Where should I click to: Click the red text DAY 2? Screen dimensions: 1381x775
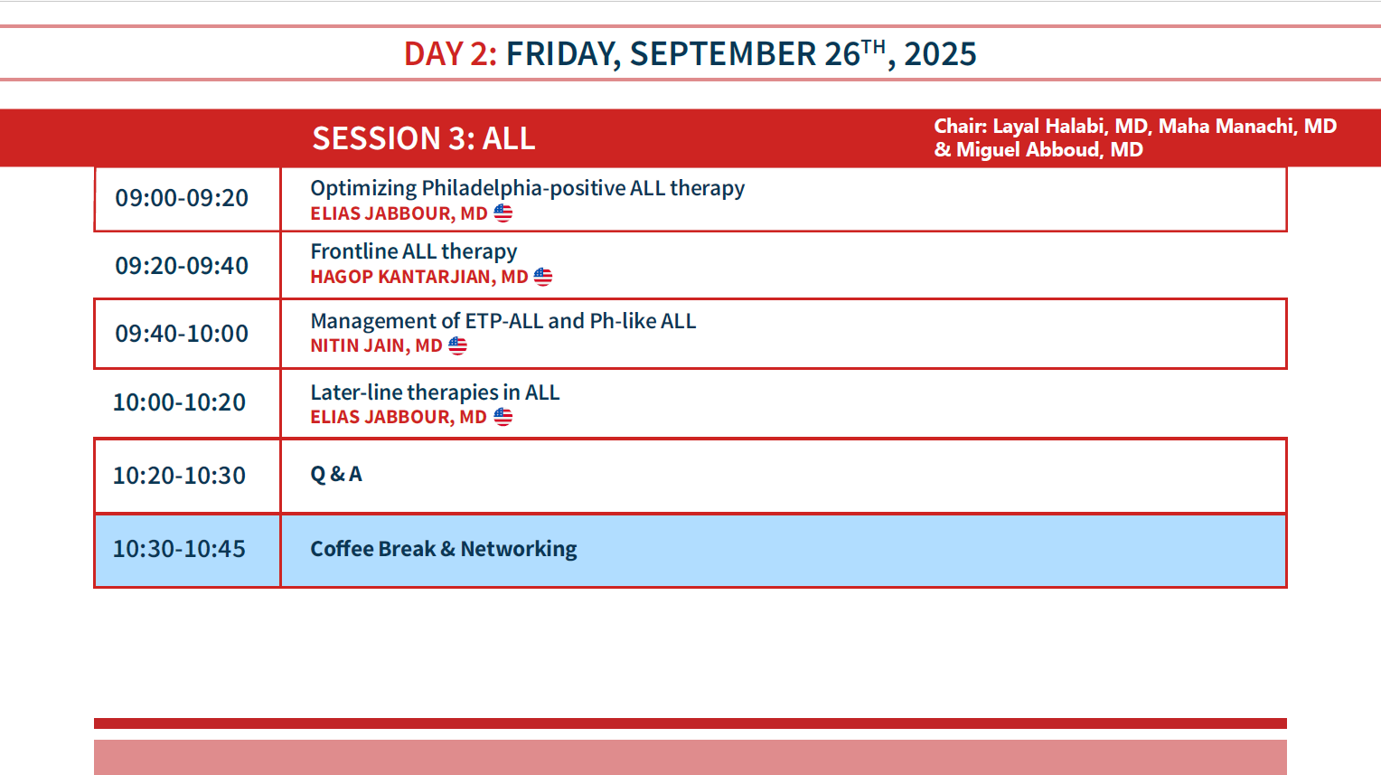450,53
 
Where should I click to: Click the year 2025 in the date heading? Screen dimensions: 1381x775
940,53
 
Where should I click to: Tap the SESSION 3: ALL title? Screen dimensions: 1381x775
424,137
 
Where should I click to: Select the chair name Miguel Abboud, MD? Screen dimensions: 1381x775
1049,149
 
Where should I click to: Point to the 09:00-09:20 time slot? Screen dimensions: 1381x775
182,198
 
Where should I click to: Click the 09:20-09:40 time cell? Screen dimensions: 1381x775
182,266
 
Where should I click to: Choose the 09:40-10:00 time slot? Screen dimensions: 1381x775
182,334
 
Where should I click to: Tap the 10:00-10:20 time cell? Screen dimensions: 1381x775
180,402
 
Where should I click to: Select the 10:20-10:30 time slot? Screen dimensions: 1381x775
180,476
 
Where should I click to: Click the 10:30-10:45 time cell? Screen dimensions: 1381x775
180,549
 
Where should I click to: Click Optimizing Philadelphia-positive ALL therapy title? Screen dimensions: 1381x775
527,188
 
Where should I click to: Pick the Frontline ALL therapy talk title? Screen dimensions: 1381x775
414,251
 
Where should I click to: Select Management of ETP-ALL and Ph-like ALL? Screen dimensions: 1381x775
503,321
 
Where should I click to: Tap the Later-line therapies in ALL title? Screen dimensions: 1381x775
435,392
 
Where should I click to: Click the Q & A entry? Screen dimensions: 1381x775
336,474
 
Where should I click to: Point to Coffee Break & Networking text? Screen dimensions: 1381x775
443,549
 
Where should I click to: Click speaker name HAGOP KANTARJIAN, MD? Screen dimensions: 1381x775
419,277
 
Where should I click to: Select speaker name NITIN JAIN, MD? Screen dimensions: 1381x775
376,345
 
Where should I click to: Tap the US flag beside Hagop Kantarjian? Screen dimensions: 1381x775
543,277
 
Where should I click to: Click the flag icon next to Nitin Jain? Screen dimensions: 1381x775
457,345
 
